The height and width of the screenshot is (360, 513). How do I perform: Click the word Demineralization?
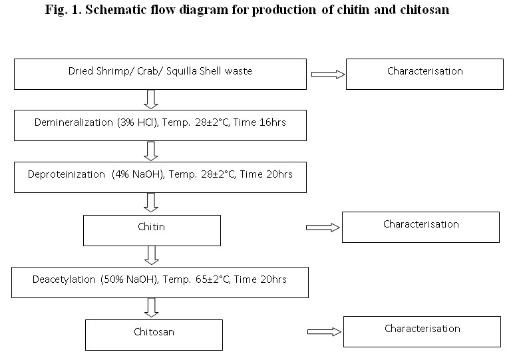point(74,122)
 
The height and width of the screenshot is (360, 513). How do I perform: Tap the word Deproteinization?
point(67,174)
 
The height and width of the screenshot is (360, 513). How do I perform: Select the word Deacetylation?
point(64,279)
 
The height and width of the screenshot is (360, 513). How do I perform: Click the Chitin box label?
point(151,227)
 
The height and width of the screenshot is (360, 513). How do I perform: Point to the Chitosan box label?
point(154,332)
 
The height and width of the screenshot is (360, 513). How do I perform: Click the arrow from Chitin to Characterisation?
point(323,228)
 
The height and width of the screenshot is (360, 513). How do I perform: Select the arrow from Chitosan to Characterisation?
point(324,332)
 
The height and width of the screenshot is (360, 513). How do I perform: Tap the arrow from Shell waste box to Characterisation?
point(328,75)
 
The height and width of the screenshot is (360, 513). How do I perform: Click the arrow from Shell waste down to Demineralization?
point(151,99)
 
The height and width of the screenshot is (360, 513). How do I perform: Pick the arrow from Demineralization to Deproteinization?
point(151,151)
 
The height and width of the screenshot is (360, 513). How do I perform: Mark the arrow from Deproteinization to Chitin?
point(151,202)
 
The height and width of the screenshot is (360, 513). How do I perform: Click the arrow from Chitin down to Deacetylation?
point(152,256)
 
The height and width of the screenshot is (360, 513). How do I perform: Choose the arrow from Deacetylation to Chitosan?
point(152,308)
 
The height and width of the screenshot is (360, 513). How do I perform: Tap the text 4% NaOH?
point(138,174)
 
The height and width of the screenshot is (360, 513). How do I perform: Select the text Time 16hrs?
point(259,122)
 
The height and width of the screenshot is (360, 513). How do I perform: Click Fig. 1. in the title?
point(63,9)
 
